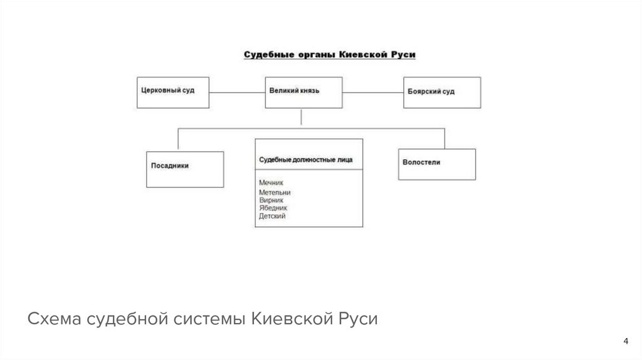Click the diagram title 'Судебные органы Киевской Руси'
pos(330,55)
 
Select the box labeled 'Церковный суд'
pos(173,92)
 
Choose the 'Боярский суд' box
pos(441,92)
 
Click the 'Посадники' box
pos(185,169)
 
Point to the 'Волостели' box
pos(436,164)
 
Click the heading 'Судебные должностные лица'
pos(306,160)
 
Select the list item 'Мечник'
pos(271,183)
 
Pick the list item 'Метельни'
pos(275,193)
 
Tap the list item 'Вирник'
pos(271,200)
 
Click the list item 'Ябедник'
pos(273,208)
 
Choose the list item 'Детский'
pos(272,216)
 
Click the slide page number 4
pos(625,341)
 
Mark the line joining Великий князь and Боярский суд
pos(373,92)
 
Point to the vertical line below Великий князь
pos(302,118)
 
